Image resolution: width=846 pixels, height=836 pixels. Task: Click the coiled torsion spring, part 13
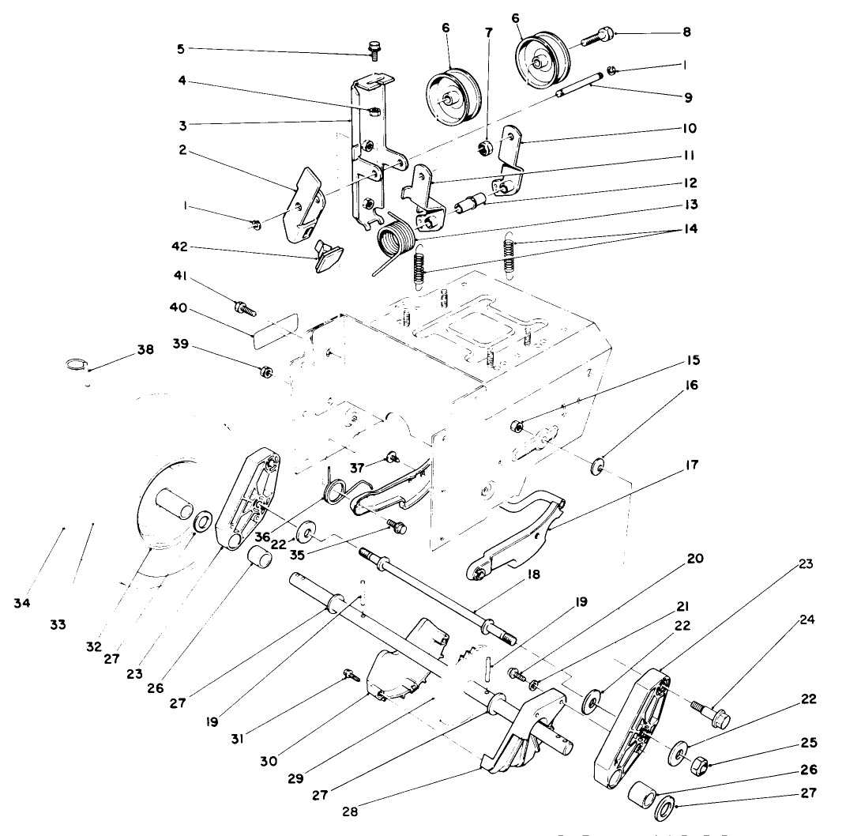(x=395, y=238)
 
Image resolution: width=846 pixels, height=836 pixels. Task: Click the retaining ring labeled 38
(x=76, y=364)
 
